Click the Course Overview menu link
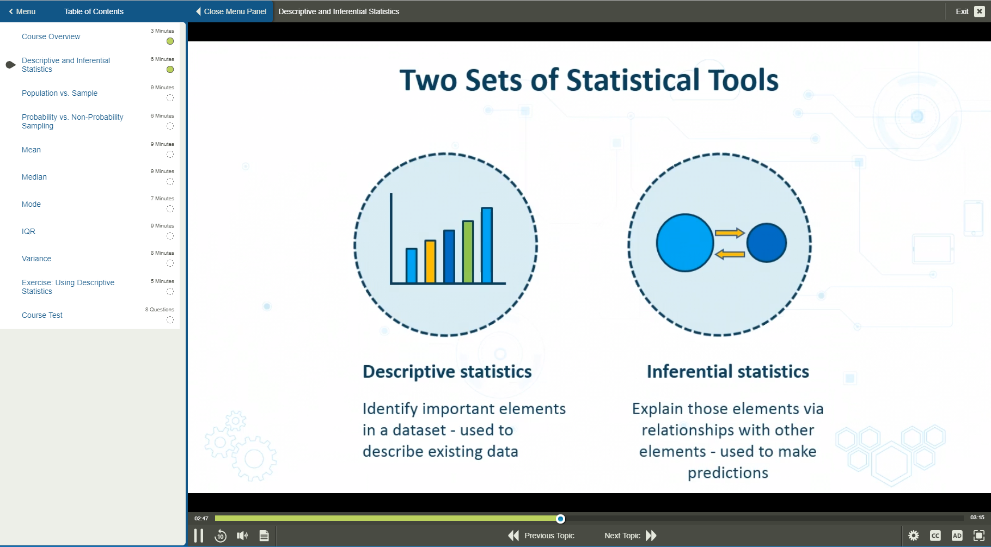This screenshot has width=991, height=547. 51,36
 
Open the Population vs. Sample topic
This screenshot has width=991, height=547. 59,93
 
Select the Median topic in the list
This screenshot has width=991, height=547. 34,177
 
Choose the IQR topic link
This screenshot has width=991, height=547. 28,231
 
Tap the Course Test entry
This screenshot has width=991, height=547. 42,315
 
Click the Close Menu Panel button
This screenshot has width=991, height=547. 231,11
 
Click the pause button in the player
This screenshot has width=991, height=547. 199,536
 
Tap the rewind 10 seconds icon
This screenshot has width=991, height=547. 221,536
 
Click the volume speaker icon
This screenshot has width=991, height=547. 242,536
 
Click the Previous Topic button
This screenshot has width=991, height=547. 541,536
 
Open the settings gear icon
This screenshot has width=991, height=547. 914,536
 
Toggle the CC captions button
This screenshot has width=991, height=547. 935,536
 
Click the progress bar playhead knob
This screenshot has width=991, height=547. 561,519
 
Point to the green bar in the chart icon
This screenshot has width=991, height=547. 468,251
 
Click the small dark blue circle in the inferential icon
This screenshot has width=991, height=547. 767,243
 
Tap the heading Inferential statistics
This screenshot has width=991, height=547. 727,372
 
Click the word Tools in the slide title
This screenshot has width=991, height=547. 742,81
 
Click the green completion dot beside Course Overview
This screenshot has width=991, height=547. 170,41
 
